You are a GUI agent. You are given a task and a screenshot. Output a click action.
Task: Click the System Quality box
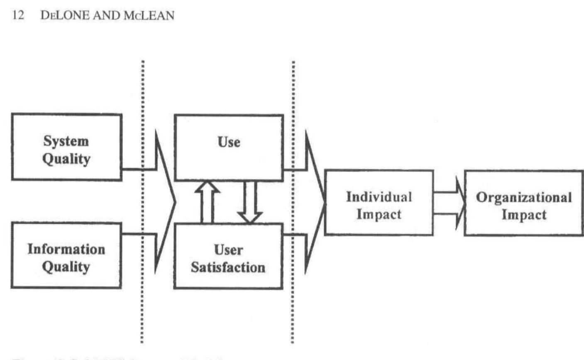66,147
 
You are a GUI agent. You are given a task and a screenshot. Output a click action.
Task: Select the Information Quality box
66,255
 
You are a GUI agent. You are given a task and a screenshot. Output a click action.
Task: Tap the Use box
229,148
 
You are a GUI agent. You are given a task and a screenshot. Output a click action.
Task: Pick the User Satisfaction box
228,256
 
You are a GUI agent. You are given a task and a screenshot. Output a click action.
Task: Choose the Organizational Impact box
524,203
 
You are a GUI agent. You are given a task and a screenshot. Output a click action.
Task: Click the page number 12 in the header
18,16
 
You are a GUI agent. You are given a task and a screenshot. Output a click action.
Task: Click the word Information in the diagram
66,249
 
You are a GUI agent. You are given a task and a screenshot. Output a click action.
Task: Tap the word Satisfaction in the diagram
228,267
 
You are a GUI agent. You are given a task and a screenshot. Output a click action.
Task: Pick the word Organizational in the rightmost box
524,197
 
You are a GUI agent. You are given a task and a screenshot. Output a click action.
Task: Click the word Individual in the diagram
379,196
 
